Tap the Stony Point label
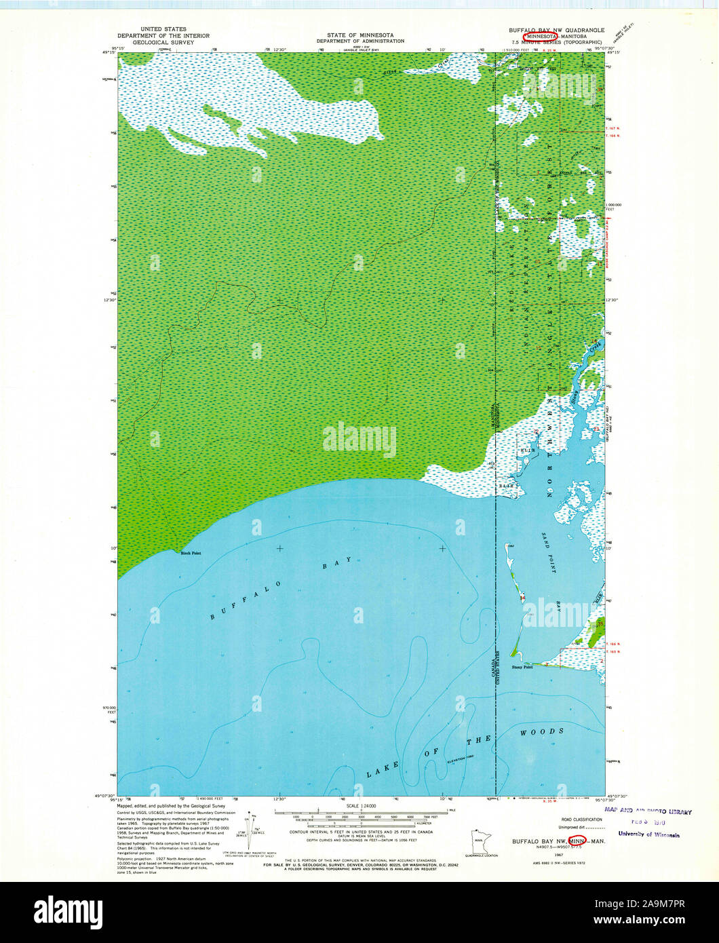tap(522, 668)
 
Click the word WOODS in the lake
tap(542, 732)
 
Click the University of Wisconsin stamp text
tap(648, 834)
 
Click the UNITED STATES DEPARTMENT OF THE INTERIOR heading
tap(163, 35)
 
